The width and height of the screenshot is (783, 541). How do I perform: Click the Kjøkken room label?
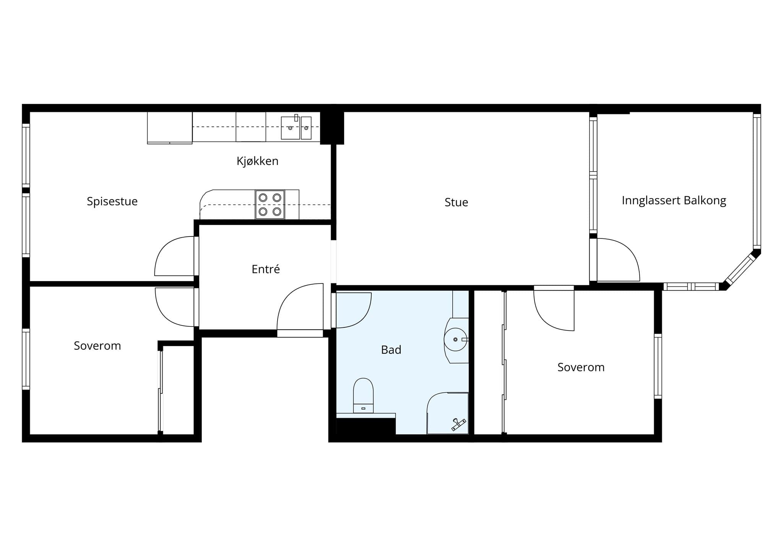pos(257,161)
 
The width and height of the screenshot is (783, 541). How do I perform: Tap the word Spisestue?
pos(112,201)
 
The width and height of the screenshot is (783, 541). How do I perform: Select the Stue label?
pos(456,202)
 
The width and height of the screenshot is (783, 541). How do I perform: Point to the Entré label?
pos(266,269)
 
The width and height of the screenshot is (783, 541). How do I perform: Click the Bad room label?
pos(391,350)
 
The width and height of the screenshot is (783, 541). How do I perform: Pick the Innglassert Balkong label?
pos(674,201)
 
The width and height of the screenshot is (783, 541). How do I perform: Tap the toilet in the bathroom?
pos(363,395)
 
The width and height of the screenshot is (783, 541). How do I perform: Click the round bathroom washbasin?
pos(455,339)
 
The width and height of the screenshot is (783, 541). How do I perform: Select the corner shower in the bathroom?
pos(448,413)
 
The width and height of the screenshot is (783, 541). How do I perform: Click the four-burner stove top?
pos(270,204)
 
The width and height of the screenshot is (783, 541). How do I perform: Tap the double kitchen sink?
pos(296,128)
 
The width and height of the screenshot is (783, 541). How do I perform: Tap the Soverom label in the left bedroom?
pos(97,346)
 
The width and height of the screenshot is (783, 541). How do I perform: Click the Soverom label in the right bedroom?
pos(581,367)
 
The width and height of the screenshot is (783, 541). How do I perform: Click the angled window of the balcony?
pos(741,270)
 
